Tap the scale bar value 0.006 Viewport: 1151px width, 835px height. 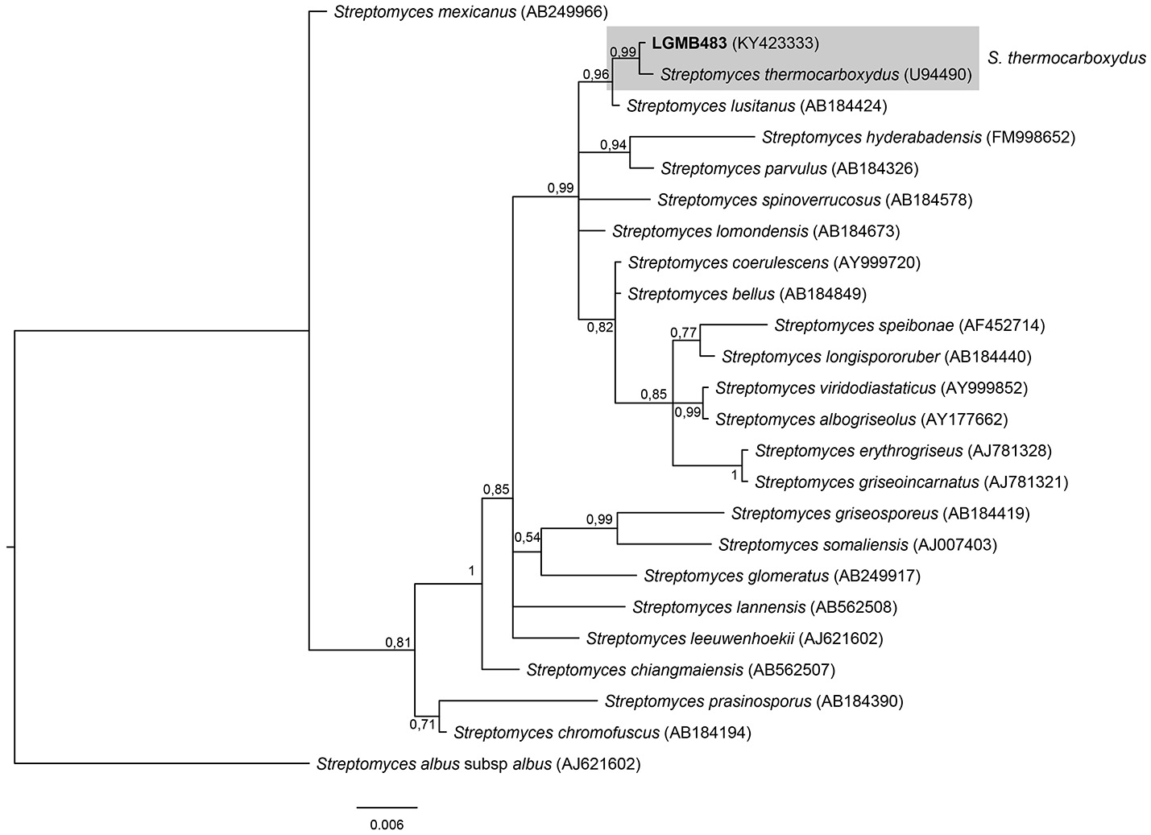pyautogui.click(x=387, y=825)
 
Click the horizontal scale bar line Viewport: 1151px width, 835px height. pyautogui.click(x=387, y=806)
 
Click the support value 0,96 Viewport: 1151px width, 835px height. pyautogui.click(x=596, y=75)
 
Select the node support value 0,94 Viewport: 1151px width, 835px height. pyautogui.click(x=613, y=145)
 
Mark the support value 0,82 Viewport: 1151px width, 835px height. pyautogui.click(x=600, y=326)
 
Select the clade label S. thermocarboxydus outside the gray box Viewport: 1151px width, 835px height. pyautogui.click(x=1065, y=58)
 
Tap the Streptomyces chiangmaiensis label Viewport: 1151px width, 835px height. pyautogui.click(x=635, y=669)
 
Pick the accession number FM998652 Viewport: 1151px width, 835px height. pyautogui.click(x=1030, y=137)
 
